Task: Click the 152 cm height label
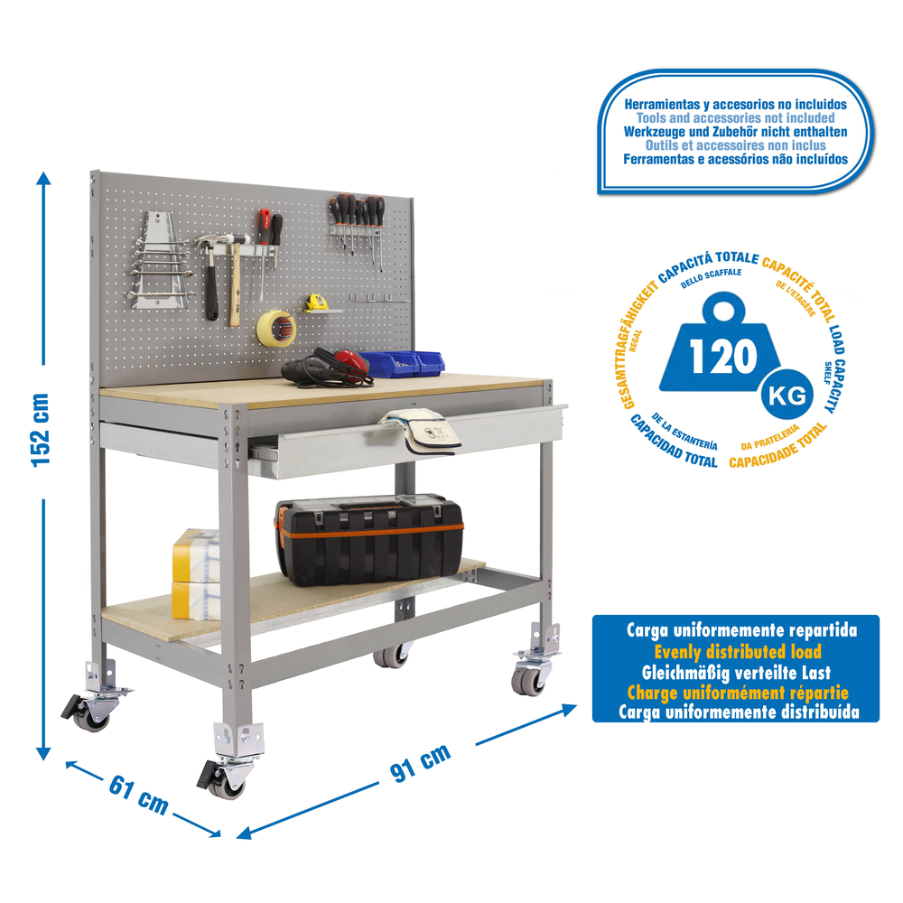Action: [x=41, y=430]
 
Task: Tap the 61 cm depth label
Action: [x=139, y=795]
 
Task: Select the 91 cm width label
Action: [x=420, y=764]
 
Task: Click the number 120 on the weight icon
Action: [x=723, y=357]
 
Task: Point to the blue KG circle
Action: [x=787, y=396]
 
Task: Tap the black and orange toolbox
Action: [x=369, y=539]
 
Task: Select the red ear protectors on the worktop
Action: [x=349, y=362]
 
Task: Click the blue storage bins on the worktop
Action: [x=403, y=363]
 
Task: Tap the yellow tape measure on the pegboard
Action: [x=316, y=303]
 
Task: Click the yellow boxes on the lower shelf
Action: [x=196, y=574]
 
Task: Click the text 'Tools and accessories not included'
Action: [x=735, y=118]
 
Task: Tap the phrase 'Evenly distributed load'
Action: [x=737, y=652]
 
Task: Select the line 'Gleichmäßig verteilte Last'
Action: [x=736, y=673]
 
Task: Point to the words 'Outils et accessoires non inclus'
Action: [x=735, y=145]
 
